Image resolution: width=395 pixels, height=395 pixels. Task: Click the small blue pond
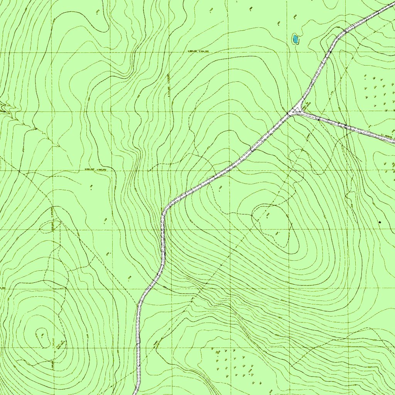coord(295,39)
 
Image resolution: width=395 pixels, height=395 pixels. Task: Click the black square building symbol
coord(380,222)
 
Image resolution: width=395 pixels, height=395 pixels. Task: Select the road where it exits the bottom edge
coord(136,393)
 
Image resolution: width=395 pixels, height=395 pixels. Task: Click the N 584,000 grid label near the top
coord(198,51)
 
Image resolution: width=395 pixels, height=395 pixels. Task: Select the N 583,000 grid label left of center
coord(95,169)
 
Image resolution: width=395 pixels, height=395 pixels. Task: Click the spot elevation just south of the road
coord(220,188)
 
